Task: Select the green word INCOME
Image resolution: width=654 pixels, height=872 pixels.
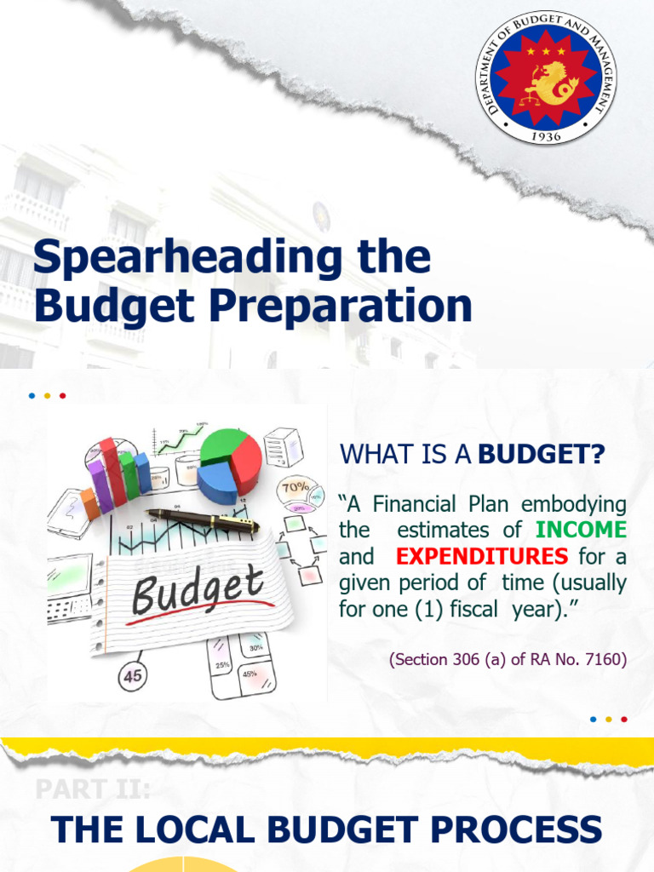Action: coord(581,529)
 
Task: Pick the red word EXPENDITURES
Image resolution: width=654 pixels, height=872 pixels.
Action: coord(482,556)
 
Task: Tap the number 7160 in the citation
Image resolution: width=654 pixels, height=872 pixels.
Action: coord(605,659)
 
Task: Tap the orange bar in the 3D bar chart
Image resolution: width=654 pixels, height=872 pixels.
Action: coord(89,504)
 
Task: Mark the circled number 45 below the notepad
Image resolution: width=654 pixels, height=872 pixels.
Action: coord(134,675)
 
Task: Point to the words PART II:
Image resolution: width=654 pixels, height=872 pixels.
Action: coord(93,789)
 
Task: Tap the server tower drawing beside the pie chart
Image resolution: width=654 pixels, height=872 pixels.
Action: coord(283,447)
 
